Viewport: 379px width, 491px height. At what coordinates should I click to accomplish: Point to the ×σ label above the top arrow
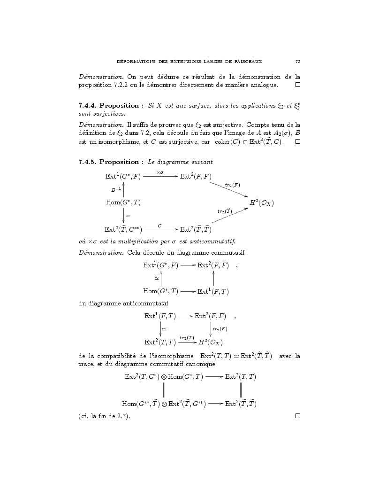(x=159, y=172)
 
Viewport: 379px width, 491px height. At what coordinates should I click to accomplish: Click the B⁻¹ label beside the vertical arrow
(x=116, y=190)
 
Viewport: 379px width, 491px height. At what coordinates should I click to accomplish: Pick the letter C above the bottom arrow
(x=159, y=226)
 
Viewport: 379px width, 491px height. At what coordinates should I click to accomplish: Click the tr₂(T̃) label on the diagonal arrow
(x=225, y=211)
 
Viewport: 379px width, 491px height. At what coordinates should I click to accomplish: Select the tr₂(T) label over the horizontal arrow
(x=187, y=337)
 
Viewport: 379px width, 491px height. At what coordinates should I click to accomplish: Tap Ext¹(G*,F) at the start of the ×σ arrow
(x=123, y=176)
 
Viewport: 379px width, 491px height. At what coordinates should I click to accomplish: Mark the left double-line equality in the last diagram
(x=164, y=390)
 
